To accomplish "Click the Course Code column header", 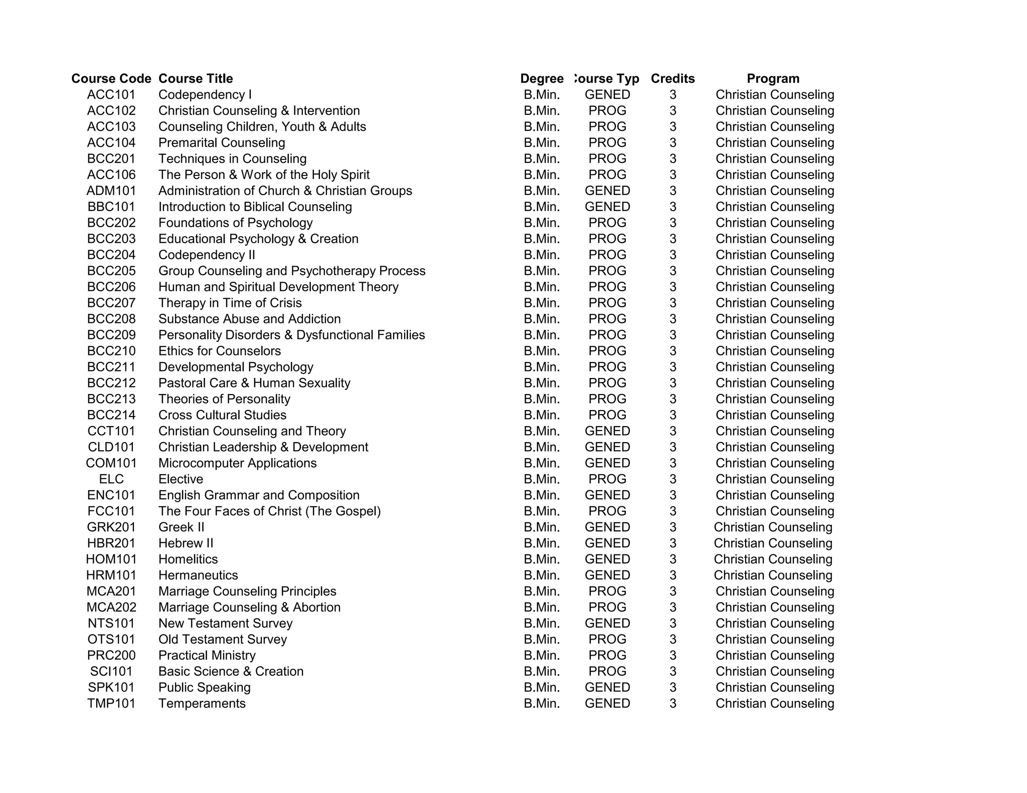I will pos(111,79).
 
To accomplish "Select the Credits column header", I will pos(672,79).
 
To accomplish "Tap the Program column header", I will pos(773,79).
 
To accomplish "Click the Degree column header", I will pos(542,79).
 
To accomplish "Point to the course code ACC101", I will pos(111,95).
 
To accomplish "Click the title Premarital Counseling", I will pos(222,143).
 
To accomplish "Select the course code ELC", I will pos(111,479).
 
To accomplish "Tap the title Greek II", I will pos(181,527).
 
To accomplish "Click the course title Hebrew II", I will pos(186,543).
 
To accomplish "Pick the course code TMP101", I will pos(111,703).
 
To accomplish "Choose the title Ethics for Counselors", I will pos(219,351).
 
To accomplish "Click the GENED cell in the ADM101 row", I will pos(607,191).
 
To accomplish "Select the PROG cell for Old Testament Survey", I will pos(607,640).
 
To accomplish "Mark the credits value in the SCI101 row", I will pos(672,672).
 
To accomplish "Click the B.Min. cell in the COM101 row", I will pos(542,463).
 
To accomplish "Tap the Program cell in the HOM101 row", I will pos(773,559).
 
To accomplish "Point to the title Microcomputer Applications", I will pos(237,463).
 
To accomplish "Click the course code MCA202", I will pos(111,608).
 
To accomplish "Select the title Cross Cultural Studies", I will pos(222,415).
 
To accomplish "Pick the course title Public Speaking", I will pos(204,688).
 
